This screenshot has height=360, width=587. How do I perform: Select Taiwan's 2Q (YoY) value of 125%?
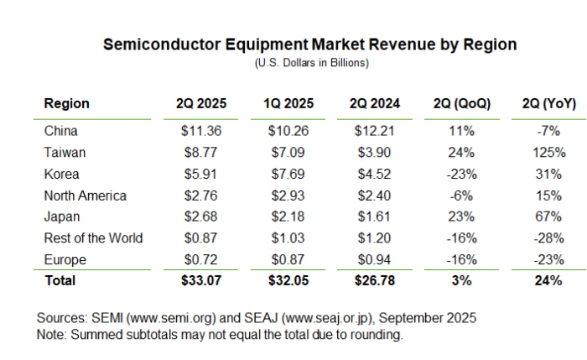click(x=548, y=153)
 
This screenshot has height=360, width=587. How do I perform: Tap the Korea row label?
click(x=61, y=174)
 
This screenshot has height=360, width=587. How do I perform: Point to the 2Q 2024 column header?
click(x=375, y=104)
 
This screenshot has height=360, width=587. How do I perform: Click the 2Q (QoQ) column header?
click(x=462, y=104)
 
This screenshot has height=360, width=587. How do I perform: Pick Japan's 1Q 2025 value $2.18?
click(x=288, y=217)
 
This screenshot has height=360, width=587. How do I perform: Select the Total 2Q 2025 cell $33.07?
click(x=200, y=280)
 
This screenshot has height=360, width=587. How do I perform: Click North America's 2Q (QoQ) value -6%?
click(x=462, y=196)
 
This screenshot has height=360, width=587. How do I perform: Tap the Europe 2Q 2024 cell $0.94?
click(x=375, y=259)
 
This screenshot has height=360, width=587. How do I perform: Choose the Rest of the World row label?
click(x=93, y=237)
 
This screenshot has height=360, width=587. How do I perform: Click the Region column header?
click(x=66, y=104)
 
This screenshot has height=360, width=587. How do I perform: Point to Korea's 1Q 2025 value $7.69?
click(x=288, y=174)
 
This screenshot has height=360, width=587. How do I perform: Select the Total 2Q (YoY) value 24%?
click(x=548, y=280)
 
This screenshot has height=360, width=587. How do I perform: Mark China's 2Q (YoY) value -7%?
click(x=548, y=131)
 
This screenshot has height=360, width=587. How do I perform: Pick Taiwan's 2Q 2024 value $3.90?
click(x=375, y=153)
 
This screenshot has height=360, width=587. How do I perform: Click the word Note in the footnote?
click(x=51, y=334)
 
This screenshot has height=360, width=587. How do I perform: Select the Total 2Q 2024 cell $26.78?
click(x=375, y=280)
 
